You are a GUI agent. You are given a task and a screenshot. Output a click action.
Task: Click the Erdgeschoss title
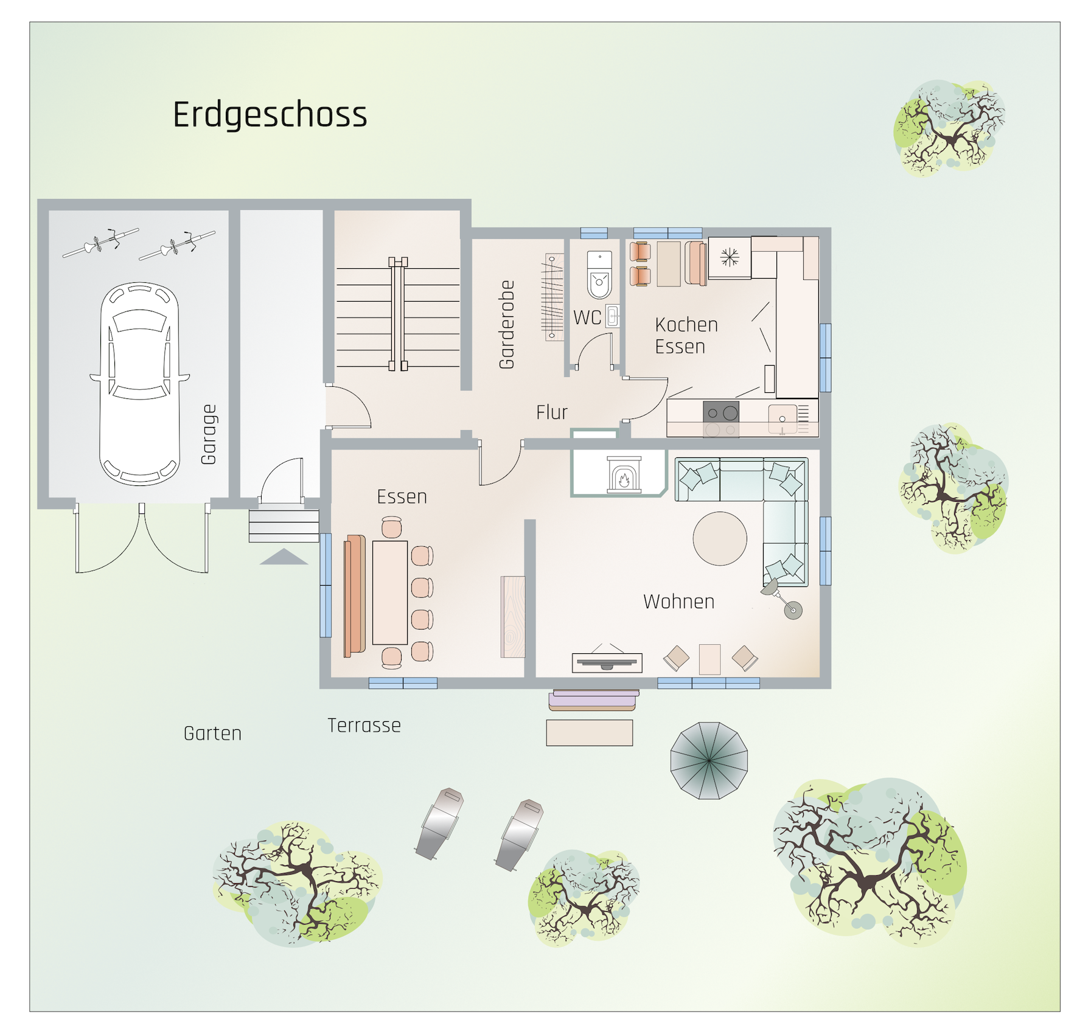point(270,116)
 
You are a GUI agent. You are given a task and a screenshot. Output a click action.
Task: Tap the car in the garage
point(140,383)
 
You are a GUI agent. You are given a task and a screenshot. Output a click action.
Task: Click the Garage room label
point(209,434)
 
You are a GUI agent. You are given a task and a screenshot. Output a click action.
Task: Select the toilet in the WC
point(599,275)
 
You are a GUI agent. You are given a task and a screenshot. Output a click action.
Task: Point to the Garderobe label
point(506,325)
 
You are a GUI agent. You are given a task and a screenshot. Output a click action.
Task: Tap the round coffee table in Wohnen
point(720,538)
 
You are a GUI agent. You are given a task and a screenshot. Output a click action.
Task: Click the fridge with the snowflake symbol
point(730,258)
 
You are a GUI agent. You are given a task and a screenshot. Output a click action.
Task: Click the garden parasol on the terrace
point(709,760)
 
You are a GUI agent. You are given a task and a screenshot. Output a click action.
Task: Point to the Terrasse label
point(364,726)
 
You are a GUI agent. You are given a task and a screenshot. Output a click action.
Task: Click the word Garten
point(213,734)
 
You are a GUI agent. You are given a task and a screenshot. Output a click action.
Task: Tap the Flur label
point(552,412)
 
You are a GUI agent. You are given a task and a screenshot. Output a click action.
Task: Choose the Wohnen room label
point(679,602)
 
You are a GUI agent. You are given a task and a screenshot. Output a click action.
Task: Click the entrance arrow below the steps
point(284,557)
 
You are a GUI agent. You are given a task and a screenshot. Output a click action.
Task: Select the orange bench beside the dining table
point(354,596)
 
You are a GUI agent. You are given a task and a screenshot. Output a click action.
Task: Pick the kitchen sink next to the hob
point(782,419)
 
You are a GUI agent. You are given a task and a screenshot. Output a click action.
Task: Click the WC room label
point(587,317)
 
